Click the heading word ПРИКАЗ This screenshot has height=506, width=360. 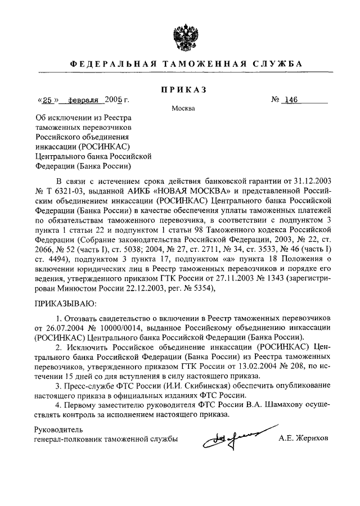[x=181, y=89]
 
